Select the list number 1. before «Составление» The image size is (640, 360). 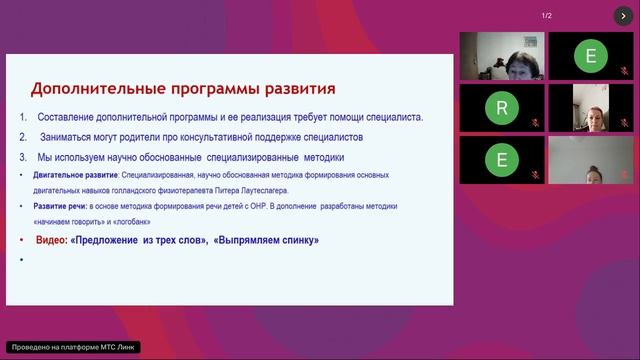[23, 117]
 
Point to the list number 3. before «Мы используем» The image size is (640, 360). [23, 157]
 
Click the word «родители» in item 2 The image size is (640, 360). [125, 137]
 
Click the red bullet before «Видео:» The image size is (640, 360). [23, 241]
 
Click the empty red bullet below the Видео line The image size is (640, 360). [23, 260]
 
